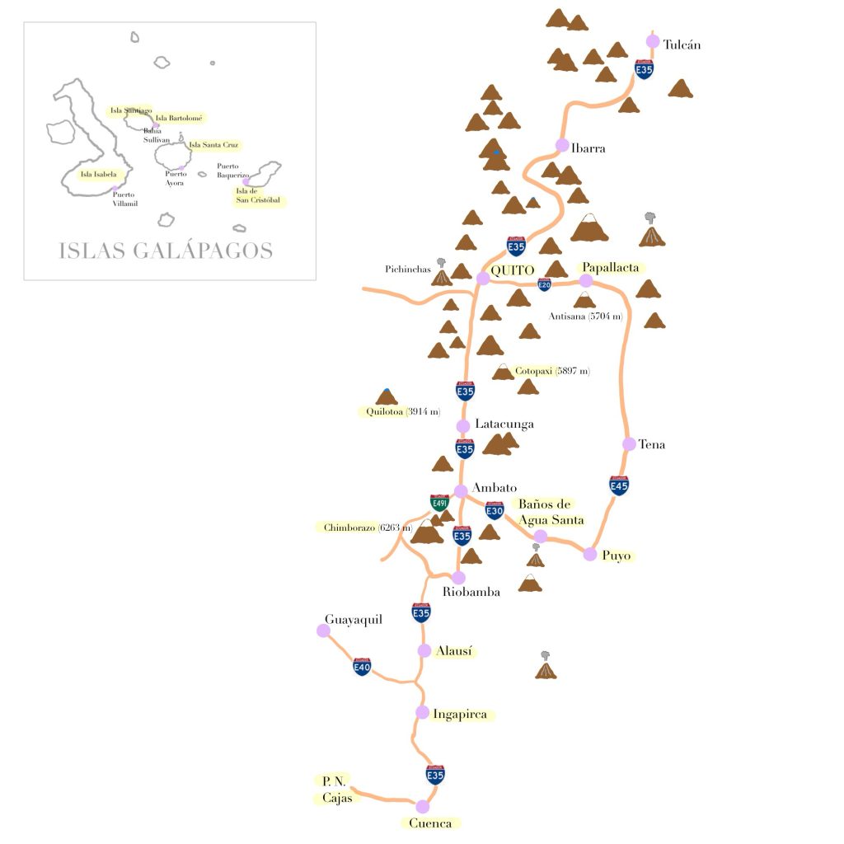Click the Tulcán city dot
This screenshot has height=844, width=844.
[653, 41]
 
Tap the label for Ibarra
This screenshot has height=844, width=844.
[588, 148]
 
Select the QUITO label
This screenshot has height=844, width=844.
[513, 270]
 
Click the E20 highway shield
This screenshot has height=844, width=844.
[544, 284]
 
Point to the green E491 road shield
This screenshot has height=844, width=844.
[439, 503]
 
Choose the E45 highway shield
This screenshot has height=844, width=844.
[619, 485]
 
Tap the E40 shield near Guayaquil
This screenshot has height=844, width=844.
[362, 666]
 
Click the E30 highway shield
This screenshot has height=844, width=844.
[495, 511]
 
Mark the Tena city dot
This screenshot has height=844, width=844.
[629, 444]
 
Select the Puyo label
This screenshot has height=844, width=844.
[617, 556]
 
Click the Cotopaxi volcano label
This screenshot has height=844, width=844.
[539, 372]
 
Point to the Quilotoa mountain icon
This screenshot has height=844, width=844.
[387, 397]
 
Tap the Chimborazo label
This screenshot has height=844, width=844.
[349, 527]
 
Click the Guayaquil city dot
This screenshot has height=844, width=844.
[323, 631]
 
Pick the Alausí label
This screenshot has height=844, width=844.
[454, 651]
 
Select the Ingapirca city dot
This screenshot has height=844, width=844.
[422, 712]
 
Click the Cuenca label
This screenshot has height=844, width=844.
[431, 823]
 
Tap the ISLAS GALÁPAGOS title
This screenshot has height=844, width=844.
[166, 251]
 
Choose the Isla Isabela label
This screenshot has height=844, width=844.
[99, 175]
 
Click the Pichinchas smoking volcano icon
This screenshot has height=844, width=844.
[443, 274]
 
